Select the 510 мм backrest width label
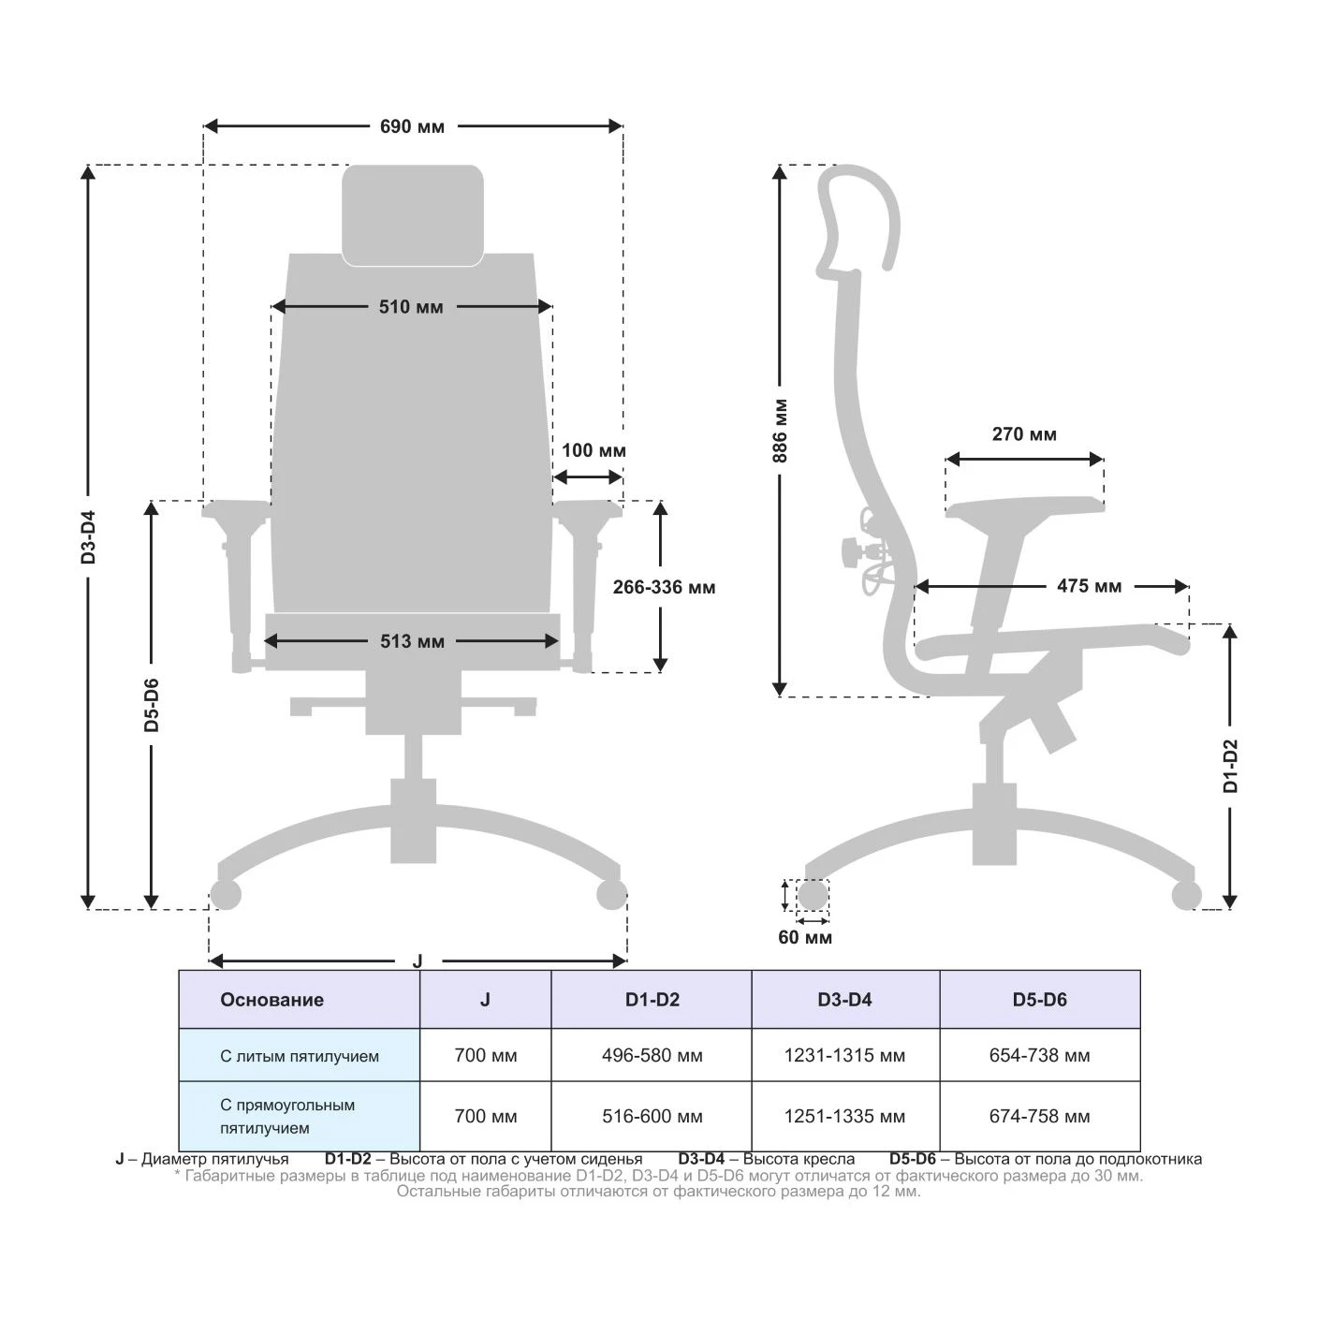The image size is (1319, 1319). click(411, 307)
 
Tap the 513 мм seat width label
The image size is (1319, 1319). click(412, 641)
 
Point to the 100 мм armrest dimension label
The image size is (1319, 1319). click(594, 450)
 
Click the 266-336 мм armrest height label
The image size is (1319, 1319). click(664, 588)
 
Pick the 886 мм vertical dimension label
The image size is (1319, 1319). click(781, 431)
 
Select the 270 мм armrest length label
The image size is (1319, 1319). click(1024, 434)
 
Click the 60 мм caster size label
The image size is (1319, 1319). click(805, 937)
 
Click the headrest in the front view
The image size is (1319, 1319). click(413, 215)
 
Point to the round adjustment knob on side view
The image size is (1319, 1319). click(851, 551)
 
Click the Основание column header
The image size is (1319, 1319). click(271, 1000)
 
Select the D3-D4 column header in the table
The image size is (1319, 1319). click(844, 1000)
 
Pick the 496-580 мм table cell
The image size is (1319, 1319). click(652, 1056)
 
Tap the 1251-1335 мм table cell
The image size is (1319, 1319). click(844, 1117)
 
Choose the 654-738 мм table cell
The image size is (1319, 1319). click(1039, 1056)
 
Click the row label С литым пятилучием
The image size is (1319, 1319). click(300, 1057)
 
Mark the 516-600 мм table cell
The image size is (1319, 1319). click(652, 1117)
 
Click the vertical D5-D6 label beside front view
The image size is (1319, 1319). click(152, 704)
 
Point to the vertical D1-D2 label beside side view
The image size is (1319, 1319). click(1230, 766)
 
